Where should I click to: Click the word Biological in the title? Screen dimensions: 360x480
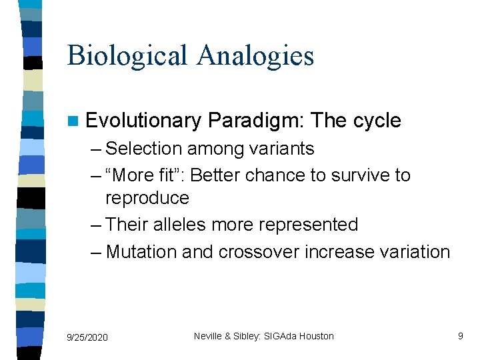(x=127, y=55)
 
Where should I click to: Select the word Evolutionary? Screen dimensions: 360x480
(x=143, y=121)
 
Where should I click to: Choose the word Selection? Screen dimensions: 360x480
(x=144, y=148)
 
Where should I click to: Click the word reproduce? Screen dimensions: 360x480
(x=147, y=199)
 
